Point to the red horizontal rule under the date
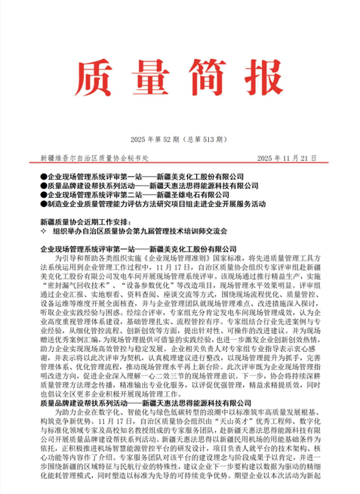(x=180, y=166)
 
